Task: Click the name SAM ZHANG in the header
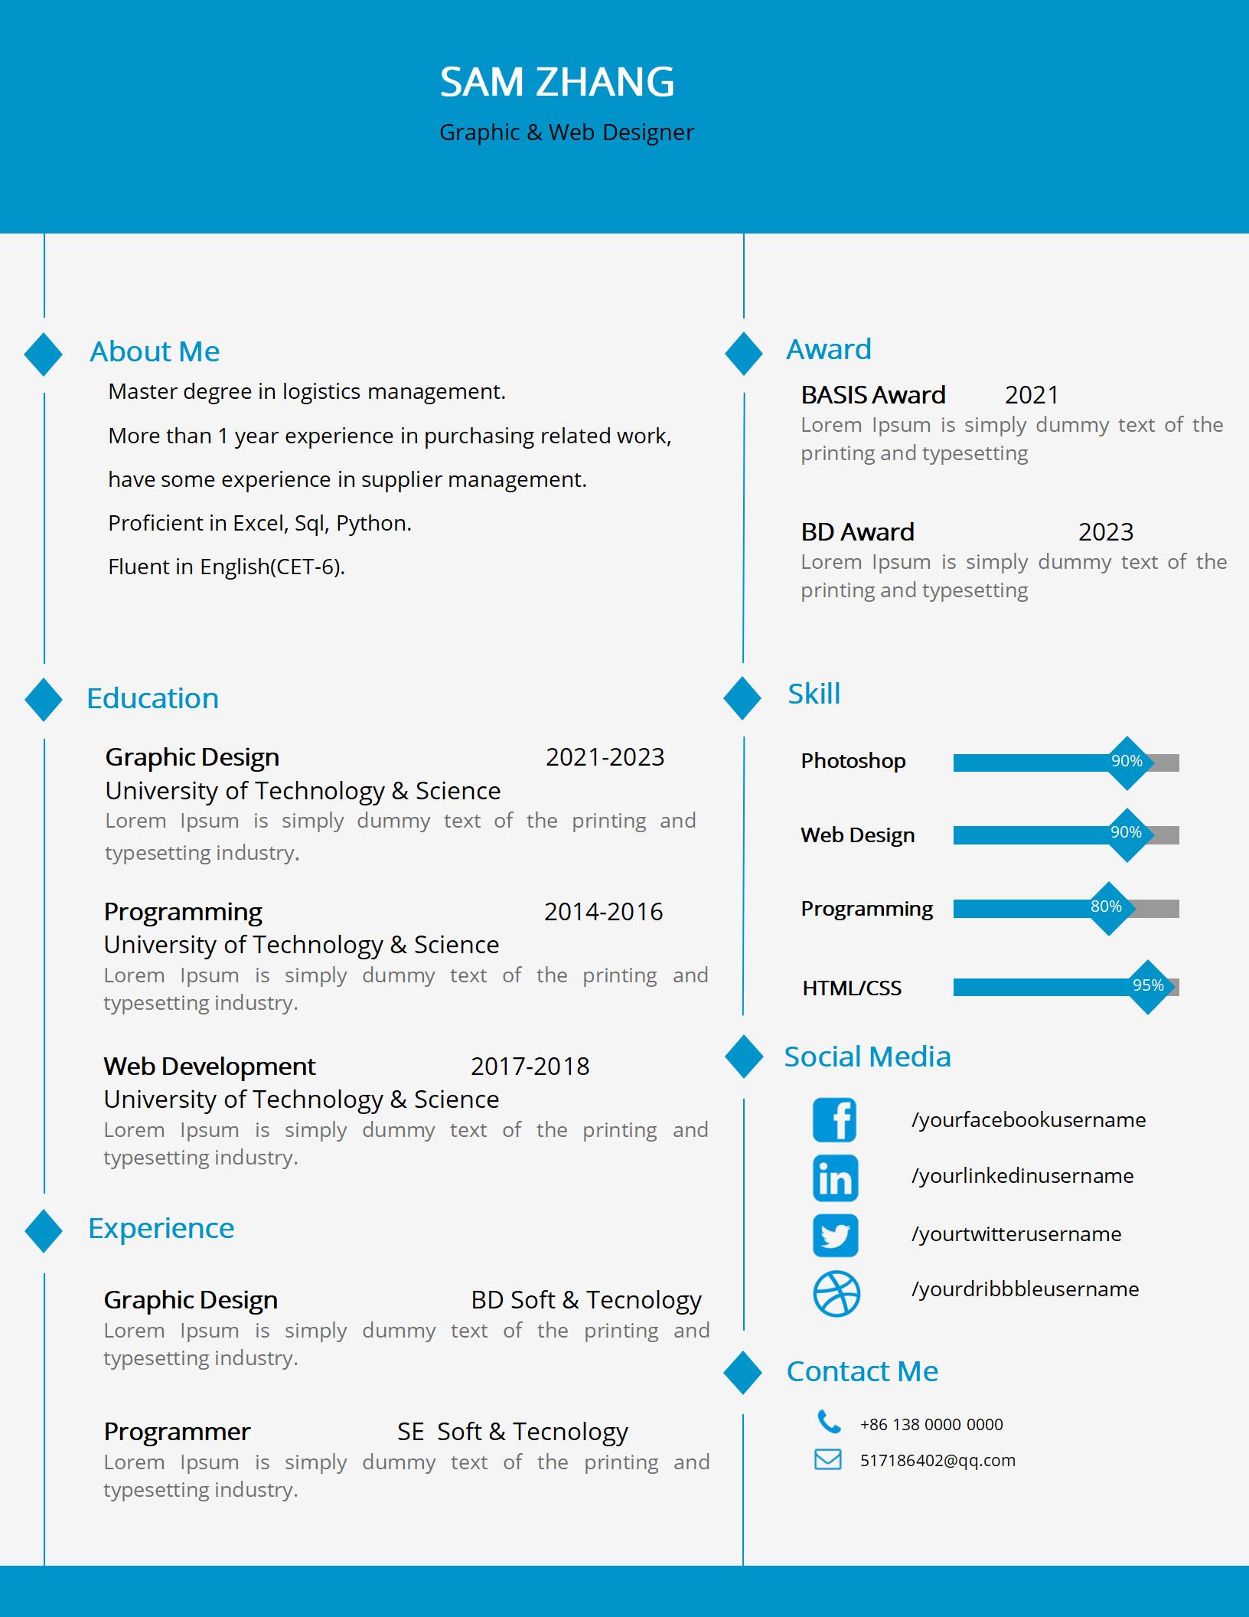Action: [556, 82]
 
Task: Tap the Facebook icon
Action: [835, 1120]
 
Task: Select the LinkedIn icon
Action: [835, 1178]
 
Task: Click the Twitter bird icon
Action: [835, 1235]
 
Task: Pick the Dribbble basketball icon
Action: [836, 1294]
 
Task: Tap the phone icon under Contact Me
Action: [828, 1422]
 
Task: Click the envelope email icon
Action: [827, 1459]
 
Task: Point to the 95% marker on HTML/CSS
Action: [1148, 986]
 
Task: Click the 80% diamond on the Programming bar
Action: [1107, 907]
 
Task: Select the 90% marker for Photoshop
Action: [1127, 762]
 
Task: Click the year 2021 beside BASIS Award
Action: [1032, 395]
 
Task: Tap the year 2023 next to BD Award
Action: [1105, 532]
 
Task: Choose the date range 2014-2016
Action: [603, 912]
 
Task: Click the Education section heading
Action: [152, 698]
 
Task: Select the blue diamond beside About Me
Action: [44, 354]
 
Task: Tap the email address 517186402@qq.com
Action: [938, 1460]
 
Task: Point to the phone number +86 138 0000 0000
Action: [931, 1424]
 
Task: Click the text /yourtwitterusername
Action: [1016, 1234]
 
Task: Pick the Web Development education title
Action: [209, 1067]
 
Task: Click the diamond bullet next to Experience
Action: [44, 1230]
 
